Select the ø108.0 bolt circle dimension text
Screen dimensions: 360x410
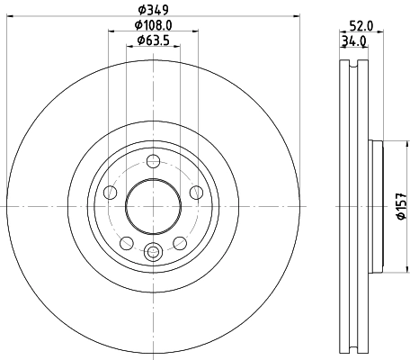pyautogui.click(x=153, y=26)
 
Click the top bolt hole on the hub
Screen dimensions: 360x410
pyautogui.click(x=153, y=161)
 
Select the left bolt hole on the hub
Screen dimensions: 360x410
pyautogui.click(x=111, y=192)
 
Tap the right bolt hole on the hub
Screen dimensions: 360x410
pyautogui.click(x=194, y=192)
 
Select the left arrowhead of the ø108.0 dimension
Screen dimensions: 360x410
pyautogui.click(x=111, y=34)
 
